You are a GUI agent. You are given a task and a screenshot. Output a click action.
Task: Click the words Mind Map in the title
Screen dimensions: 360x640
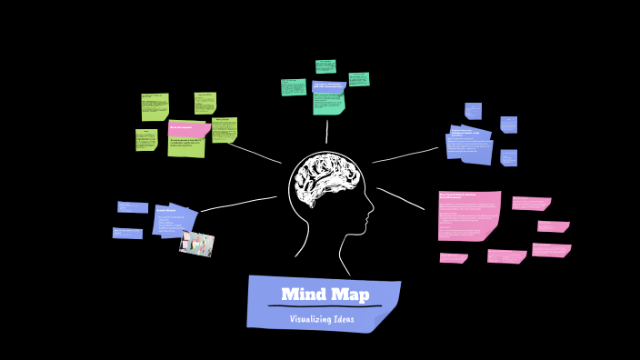(325, 294)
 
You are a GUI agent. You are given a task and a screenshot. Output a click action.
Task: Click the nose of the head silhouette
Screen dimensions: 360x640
(370, 217)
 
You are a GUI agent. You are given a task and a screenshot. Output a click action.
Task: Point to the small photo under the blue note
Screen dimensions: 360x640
(196, 244)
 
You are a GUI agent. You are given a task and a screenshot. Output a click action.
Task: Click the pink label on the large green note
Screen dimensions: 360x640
(189, 129)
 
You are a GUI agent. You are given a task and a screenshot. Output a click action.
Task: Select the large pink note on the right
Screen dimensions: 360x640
(469, 215)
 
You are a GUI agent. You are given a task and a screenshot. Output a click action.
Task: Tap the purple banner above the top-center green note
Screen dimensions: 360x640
(328, 87)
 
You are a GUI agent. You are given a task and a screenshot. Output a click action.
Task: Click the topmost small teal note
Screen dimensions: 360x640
(325, 65)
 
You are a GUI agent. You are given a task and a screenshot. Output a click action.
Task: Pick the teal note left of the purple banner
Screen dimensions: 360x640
(294, 87)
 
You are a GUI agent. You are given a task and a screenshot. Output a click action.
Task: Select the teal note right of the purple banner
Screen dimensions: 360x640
(358, 79)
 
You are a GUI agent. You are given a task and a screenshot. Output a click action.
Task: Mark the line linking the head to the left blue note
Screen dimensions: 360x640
(238, 204)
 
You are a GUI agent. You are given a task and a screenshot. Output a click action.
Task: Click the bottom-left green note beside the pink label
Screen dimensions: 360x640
(146, 140)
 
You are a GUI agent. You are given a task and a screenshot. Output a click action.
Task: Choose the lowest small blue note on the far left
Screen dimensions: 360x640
(127, 234)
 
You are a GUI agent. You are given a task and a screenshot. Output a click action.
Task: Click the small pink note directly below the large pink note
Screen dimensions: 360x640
(453, 258)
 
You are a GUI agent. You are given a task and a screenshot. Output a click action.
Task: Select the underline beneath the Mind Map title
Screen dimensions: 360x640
(325, 306)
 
